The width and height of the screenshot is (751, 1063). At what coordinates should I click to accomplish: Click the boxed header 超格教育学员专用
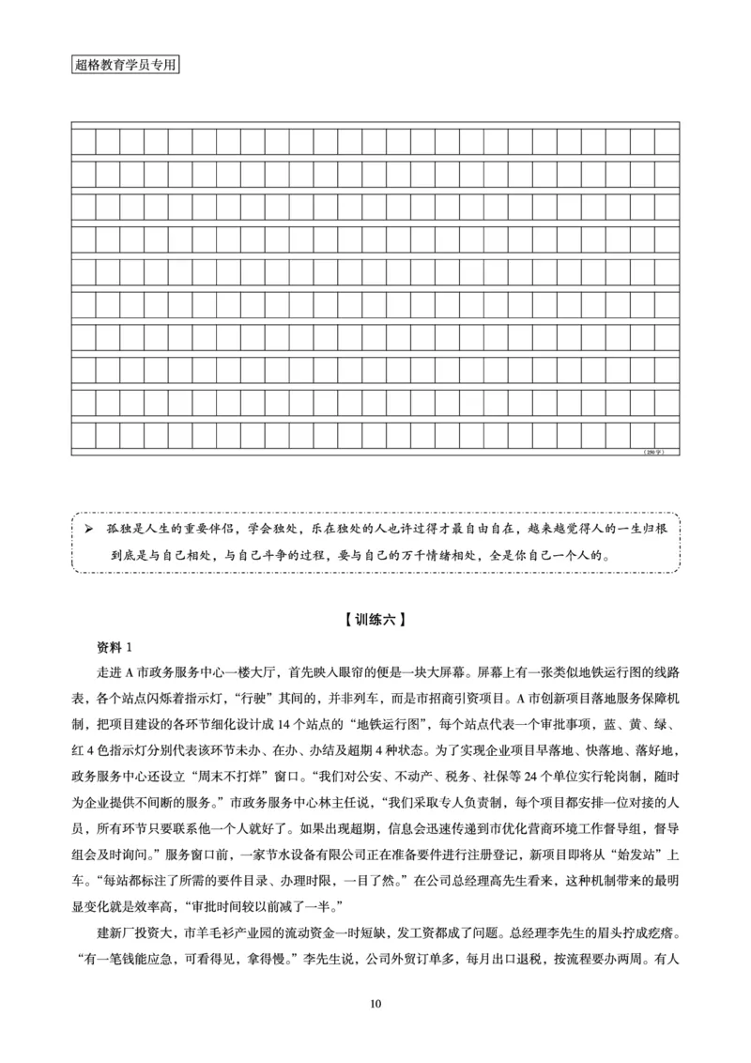click(x=124, y=66)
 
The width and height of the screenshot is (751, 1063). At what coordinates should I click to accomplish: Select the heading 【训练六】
click(x=375, y=620)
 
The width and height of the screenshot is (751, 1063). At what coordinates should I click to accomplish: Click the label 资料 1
click(x=117, y=648)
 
